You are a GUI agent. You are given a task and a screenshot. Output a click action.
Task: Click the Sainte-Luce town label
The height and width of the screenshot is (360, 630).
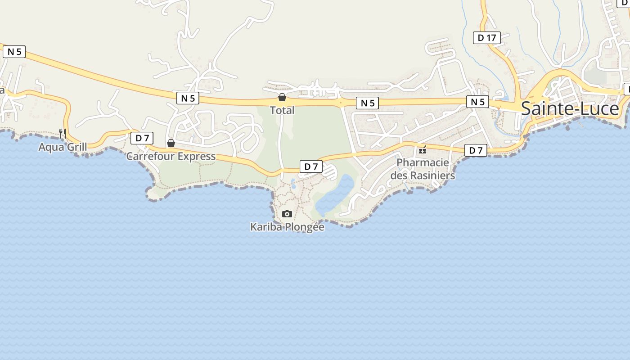coord(570,109)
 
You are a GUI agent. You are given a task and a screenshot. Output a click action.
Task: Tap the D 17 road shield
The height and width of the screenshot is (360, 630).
coord(486,38)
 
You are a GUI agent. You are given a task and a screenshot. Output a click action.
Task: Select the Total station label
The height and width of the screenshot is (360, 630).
coord(282,110)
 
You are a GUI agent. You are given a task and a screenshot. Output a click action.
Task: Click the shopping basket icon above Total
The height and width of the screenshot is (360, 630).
coord(282,97)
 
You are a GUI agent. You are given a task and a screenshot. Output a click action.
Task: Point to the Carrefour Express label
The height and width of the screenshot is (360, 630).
coord(171,157)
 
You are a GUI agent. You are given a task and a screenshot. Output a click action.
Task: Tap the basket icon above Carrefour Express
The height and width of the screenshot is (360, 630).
coord(171,143)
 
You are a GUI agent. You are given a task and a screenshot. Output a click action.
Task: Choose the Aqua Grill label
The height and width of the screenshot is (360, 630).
coord(63,147)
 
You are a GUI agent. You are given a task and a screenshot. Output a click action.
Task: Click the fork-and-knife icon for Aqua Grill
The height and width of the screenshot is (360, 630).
coord(63,133)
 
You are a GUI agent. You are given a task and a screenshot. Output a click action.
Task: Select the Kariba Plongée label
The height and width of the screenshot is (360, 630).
coord(287,227)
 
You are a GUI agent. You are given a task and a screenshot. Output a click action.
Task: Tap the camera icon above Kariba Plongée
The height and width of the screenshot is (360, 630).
coord(287,214)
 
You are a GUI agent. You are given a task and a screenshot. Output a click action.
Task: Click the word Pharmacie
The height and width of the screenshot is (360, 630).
coord(423,162)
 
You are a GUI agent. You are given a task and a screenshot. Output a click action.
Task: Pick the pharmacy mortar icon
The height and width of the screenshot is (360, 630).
coord(423,149)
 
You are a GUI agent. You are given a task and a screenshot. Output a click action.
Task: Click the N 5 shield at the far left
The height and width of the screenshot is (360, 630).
coord(14,52)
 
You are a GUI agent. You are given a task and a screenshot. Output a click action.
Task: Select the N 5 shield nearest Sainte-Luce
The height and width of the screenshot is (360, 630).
coord(477,102)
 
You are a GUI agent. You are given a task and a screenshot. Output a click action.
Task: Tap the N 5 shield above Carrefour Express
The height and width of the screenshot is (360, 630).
coord(188,98)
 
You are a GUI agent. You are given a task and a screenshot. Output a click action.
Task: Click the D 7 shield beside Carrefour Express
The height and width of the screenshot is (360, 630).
coord(142,138)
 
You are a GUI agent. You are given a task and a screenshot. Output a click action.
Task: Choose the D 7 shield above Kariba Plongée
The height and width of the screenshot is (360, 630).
coord(311,166)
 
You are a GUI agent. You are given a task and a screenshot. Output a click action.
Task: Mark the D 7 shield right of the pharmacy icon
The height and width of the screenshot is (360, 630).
coord(476,150)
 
